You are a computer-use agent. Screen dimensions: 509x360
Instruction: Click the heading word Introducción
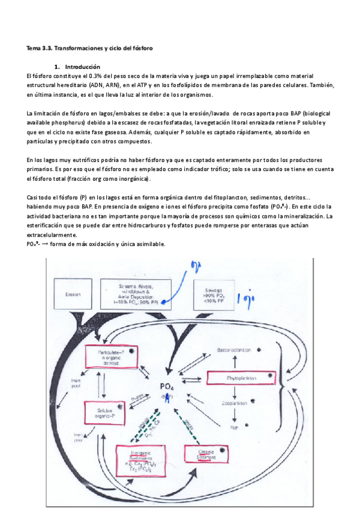(x=82, y=67)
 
